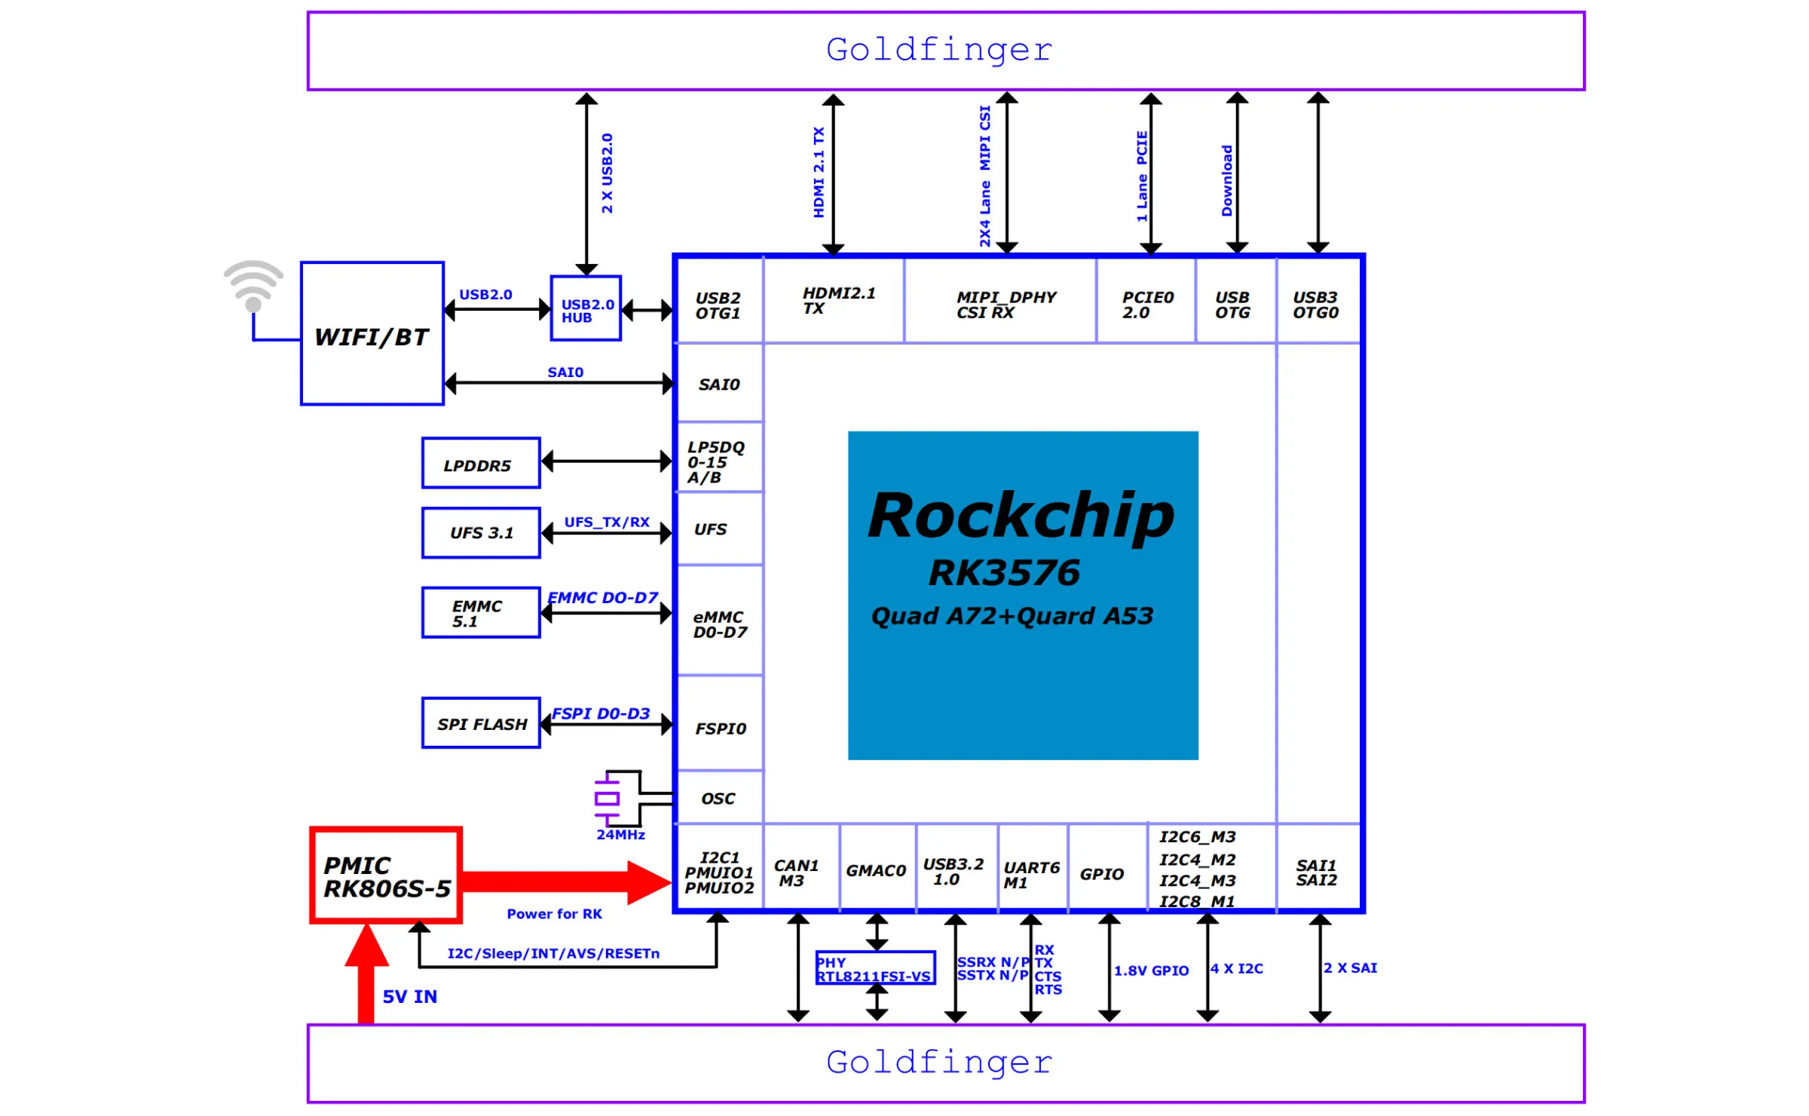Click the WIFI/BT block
372,334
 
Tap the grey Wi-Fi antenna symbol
253,286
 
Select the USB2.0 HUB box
586,309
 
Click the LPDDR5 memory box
481,464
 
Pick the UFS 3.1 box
481,533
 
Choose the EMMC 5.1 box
481,613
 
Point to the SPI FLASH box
481,724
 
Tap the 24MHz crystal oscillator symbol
608,799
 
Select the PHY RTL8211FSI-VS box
875,969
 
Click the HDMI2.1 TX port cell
834,301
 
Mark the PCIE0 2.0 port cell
1146,305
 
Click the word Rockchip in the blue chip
1021,516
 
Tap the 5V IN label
409,997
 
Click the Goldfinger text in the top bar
939,51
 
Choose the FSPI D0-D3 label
601,714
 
